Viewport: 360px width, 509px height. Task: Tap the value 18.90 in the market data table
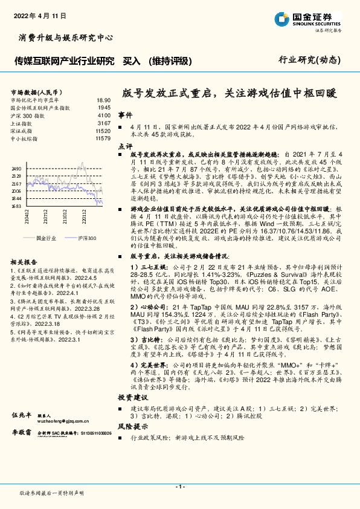click(x=103, y=100)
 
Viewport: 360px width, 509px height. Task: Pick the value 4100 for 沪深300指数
click(x=103, y=115)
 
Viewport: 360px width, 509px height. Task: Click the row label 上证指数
click(x=24, y=123)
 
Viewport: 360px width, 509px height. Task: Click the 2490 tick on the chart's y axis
click(x=17, y=169)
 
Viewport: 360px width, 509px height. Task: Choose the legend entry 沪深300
click(x=85, y=238)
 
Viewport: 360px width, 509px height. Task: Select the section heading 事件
click(x=125, y=114)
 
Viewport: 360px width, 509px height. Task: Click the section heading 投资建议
click(x=132, y=397)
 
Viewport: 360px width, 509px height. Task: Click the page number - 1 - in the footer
click(x=179, y=487)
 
